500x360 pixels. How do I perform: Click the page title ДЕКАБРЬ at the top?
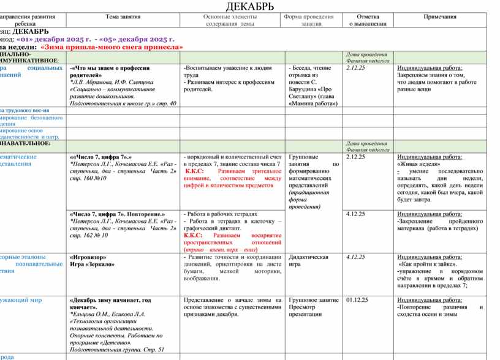pos(250,7)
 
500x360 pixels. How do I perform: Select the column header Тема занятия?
pos(123,17)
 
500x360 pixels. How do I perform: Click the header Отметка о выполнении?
pos(368,20)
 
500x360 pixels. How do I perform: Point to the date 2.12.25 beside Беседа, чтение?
pos(355,68)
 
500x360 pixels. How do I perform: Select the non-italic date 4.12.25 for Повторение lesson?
pos(355,214)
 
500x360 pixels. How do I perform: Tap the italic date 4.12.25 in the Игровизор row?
pos(355,257)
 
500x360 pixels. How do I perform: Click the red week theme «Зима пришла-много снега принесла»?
pos(112,47)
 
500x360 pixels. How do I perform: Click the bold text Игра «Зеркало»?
pos(93,264)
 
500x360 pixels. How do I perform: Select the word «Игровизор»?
pos(88,257)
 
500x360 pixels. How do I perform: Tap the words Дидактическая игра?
pos(309,261)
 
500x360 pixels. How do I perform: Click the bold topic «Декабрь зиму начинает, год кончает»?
pos(110,304)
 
